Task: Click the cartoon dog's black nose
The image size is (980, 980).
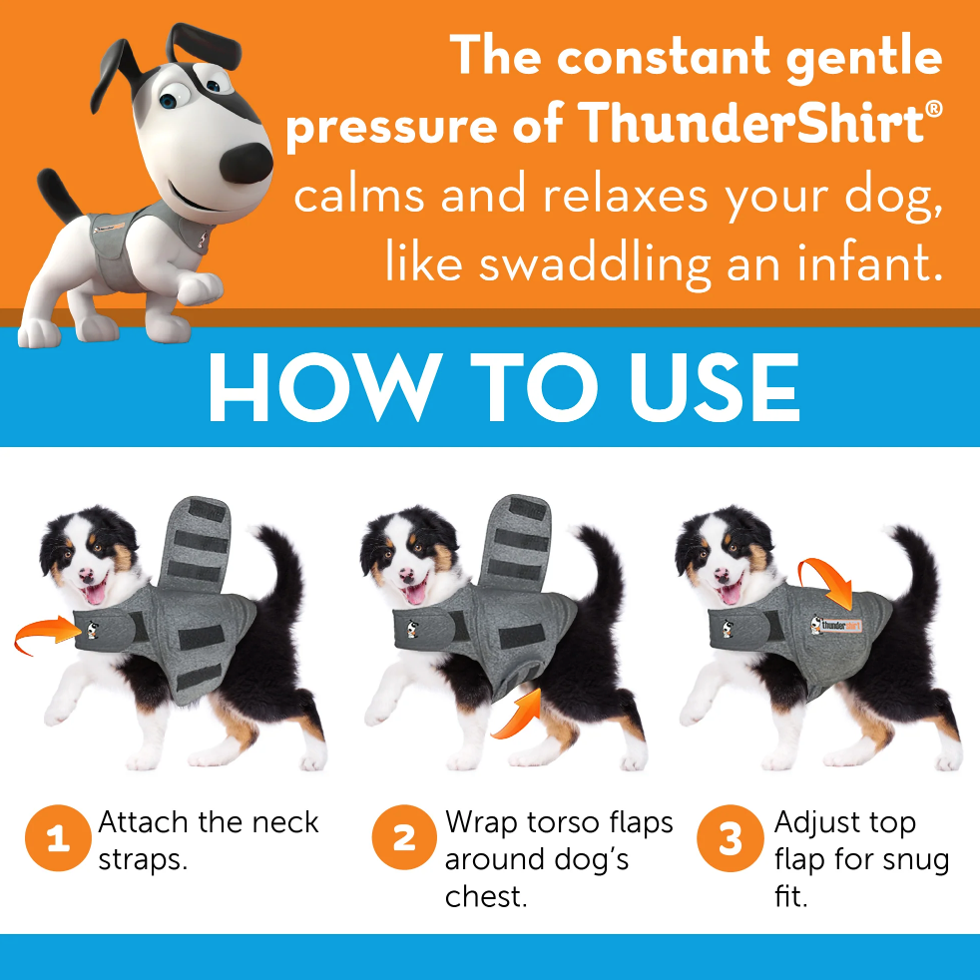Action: click(x=246, y=163)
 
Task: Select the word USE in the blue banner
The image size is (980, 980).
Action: click(x=715, y=387)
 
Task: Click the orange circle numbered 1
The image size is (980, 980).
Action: click(x=58, y=837)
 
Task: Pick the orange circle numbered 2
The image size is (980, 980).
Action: click(x=404, y=837)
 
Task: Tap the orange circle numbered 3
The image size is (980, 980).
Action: click(x=730, y=838)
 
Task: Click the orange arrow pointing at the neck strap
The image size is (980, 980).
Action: click(x=47, y=632)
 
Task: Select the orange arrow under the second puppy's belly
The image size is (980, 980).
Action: click(x=520, y=714)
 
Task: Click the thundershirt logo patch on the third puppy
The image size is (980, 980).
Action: click(x=836, y=625)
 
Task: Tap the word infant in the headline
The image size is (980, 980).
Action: click(x=870, y=262)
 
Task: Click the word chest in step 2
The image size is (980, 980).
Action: click(x=486, y=896)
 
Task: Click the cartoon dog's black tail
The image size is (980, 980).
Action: click(x=58, y=195)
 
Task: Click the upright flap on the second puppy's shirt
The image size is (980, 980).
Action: click(x=516, y=543)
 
